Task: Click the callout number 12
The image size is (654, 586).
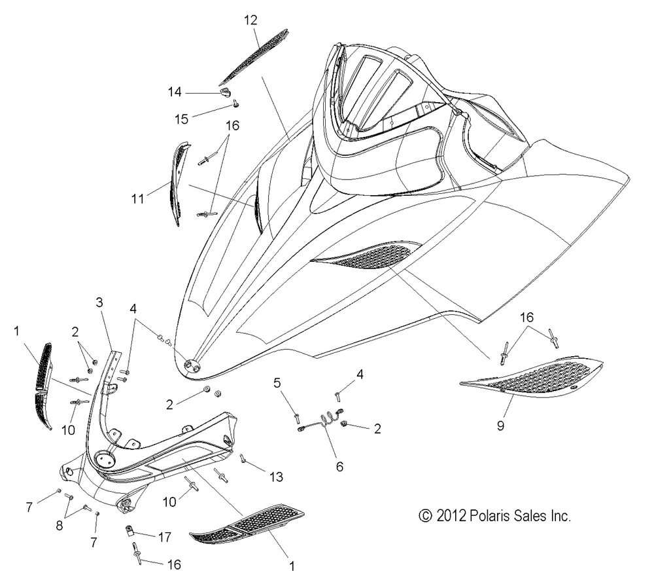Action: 250,20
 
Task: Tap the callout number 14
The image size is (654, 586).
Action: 175,92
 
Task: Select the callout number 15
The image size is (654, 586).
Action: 181,119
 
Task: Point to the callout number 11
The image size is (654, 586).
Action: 137,199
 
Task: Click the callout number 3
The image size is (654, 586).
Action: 99,302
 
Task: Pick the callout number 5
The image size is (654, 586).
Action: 277,382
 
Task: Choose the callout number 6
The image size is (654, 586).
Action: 339,467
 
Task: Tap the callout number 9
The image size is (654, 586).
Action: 500,426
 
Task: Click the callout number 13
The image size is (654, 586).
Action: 276,477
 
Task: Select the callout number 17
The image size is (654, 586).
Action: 165,537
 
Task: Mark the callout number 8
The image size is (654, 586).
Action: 60,526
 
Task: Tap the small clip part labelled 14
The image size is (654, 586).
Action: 225,92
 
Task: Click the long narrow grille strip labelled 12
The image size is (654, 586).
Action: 253,57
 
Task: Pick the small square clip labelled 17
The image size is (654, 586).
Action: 129,530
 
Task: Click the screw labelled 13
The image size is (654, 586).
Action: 243,458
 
